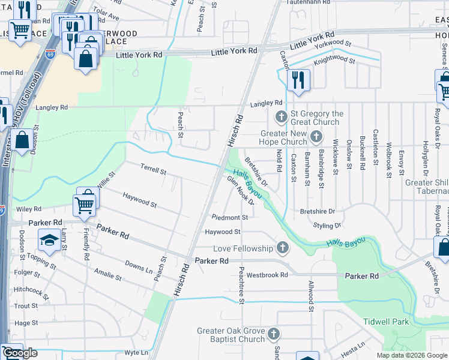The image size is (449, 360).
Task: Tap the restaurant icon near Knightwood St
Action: [298, 80]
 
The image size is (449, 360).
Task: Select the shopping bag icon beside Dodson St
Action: [22, 141]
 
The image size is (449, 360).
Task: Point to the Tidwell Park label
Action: [386, 322]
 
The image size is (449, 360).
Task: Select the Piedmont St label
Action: [230, 217]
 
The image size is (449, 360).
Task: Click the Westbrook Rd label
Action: [267, 275]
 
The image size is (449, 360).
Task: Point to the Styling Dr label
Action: [327, 226]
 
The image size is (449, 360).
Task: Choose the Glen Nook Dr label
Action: [240, 191]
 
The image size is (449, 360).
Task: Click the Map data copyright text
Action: [411, 355]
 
